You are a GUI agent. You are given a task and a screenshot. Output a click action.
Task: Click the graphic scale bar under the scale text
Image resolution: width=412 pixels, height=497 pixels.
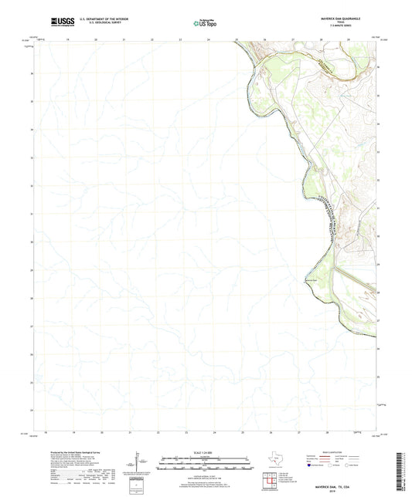(x=206, y=464)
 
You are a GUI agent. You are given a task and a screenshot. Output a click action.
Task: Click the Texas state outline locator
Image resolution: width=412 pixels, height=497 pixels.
(x=276, y=462)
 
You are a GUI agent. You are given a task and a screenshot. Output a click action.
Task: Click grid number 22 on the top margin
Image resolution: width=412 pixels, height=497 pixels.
(x=152, y=39)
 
